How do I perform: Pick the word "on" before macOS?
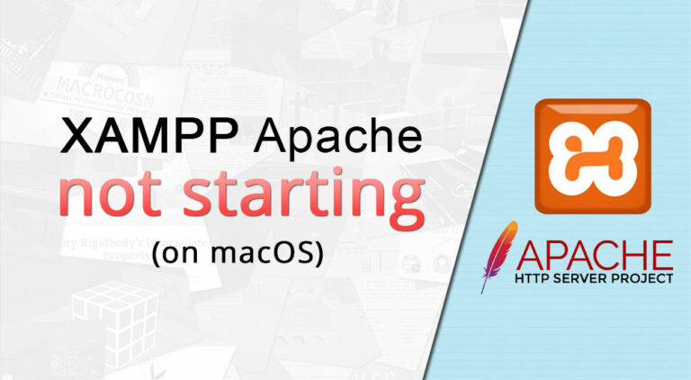point(184,254)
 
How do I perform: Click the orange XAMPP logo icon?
point(592,156)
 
